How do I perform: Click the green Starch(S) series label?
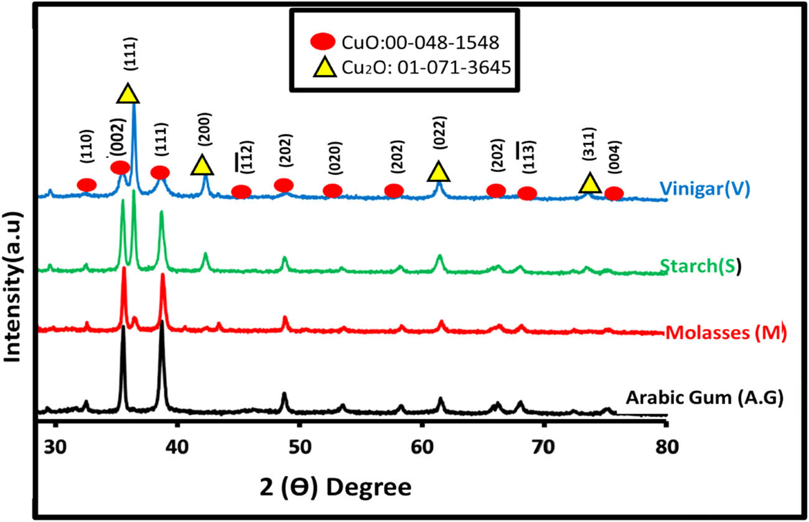[700, 267]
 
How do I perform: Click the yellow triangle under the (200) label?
[201, 166]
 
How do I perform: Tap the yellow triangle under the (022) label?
[439, 171]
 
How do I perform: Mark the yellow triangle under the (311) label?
[590, 183]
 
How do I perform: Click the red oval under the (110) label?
[87, 184]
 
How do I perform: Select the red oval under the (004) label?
[614, 193]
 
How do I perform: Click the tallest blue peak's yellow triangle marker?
[128, 93]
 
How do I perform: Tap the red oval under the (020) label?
[333, 191]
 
